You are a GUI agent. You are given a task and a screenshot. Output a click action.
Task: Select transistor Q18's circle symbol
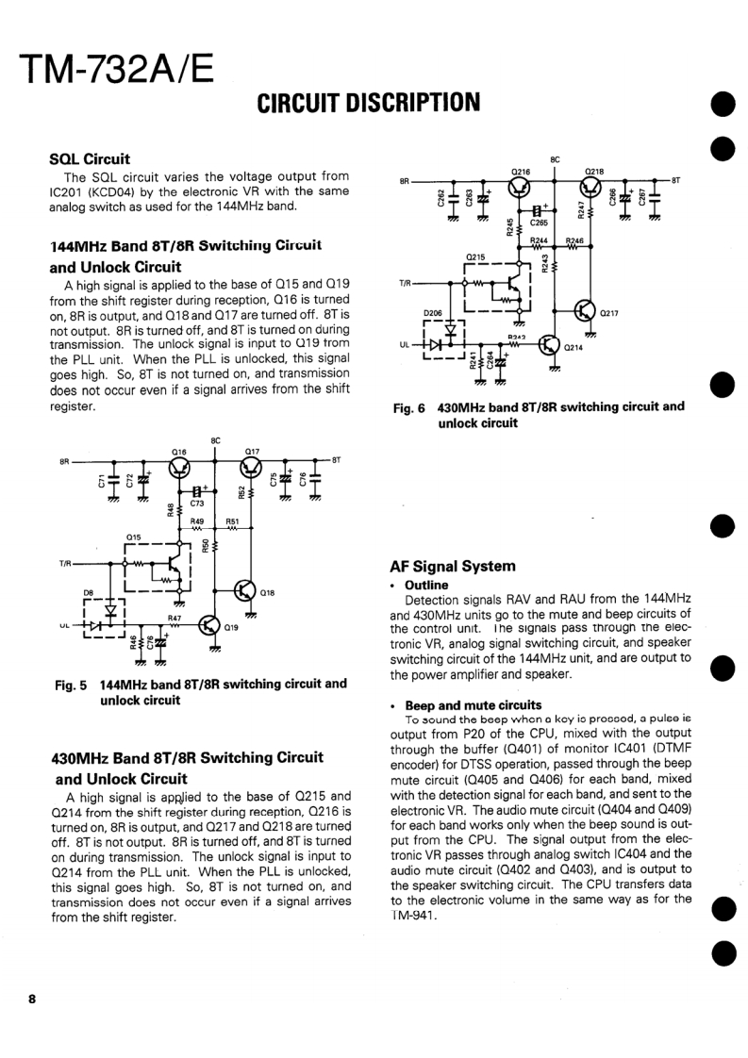click(x=244, y=591)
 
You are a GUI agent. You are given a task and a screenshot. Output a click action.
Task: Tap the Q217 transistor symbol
click(x=586, y=312)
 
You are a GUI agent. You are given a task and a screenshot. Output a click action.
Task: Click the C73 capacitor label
click(x=196, y=504)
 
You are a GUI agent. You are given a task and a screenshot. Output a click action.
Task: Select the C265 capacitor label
click(x=538, y=223)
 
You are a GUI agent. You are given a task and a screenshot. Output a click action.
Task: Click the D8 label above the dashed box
click(x=89, y=592)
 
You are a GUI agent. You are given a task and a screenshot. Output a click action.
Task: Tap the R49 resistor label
click(x=197, y=521)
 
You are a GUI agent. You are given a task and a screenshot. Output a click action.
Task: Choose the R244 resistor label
click(x=539, y=240)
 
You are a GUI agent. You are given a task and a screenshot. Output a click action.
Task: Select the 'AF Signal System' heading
click(x=452, y=566)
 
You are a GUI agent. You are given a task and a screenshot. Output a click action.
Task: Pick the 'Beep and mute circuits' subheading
click(x=473, y=704)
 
